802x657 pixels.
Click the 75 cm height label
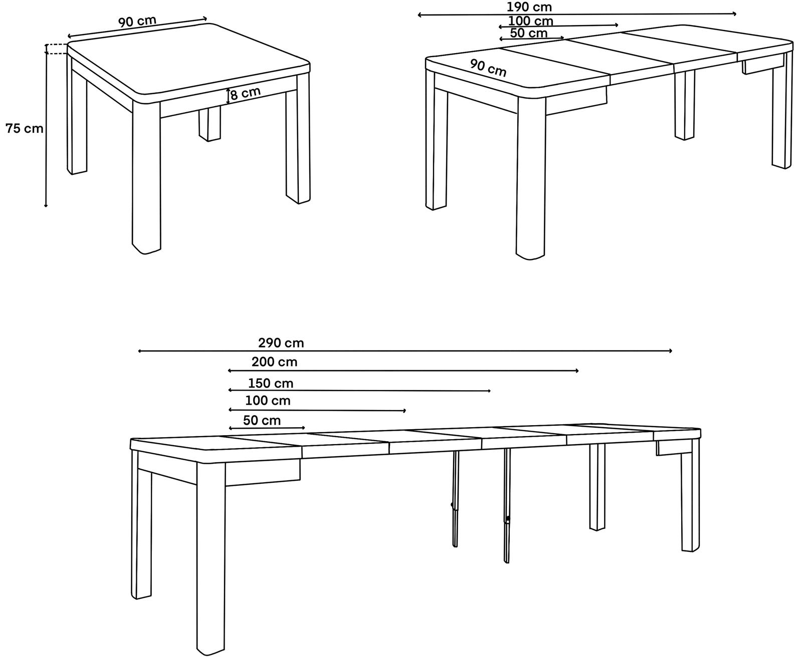click(x=25, y=129)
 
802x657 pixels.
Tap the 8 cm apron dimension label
click(x=246, y=93)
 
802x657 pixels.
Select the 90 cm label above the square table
click(x=137, y=21)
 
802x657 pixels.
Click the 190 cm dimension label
click(x=529, y=7)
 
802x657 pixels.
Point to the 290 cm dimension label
click(x=281, y=343)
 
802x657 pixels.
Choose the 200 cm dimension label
click(x=274, y=362)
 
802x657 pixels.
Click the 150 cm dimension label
click(x=271, y=383)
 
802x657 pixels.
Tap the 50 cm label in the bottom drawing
click(x=262, y=420)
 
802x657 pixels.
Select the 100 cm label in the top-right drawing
click(x=530, y=21)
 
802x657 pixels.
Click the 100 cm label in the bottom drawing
click(x=268, y=401)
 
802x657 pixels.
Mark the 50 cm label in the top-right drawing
click(x=529, y=33)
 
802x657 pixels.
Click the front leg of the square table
click(x=146, y=177)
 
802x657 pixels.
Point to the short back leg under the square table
click(x=210, y=124)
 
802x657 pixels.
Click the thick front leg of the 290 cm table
click(x=211, y=558)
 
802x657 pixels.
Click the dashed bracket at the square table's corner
click(x=56, y=49)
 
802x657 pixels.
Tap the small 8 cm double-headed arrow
click(x=228, y=96)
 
